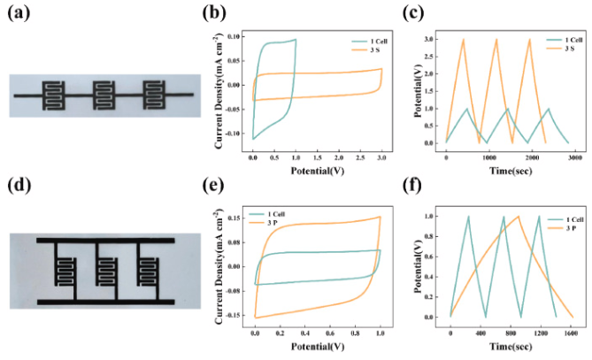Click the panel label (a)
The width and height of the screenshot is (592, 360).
[x=21, y=13]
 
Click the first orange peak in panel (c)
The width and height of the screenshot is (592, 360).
[x=463, y=39]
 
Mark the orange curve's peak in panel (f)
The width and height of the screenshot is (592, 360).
[x=518, y=217]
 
